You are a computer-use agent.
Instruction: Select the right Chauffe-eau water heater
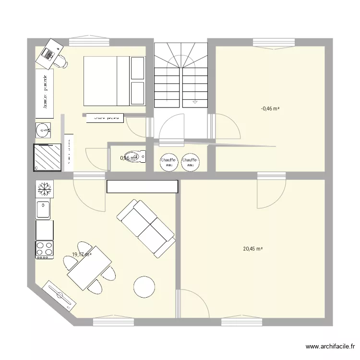[191, 162]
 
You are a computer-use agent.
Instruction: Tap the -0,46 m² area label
[270, 109]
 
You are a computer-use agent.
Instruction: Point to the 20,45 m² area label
[253, 249]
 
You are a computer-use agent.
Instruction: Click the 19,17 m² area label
[81, 254]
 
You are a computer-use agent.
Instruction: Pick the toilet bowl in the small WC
[140, 156]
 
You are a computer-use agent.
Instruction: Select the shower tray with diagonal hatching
[47, 157]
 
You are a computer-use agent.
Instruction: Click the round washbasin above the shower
[44, 130]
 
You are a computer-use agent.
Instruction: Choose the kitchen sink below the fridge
[44, 210]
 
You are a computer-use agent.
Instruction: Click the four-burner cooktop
[44, 249]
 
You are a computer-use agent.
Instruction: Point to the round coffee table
[144, 287]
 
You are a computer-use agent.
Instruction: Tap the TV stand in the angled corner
[60, 293]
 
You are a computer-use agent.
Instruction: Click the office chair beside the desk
[62, 60]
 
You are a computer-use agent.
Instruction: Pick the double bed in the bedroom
[114, 81]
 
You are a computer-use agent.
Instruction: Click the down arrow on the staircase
[194, 102]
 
